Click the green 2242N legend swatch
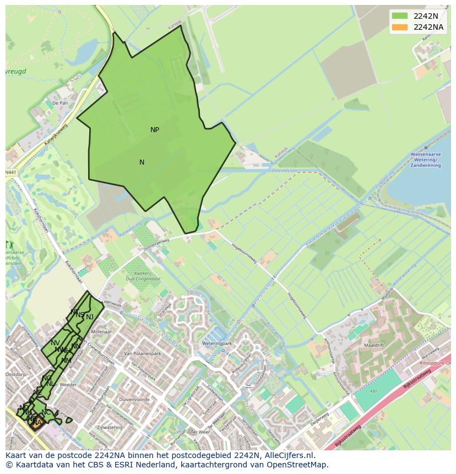(x=400, y=16)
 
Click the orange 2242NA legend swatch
(x=400, y=27)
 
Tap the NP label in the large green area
(x=155, y=130)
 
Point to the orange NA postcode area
(x=36, y=423)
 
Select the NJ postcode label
(x=90, y=317)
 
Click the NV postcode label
(x=55, y=343)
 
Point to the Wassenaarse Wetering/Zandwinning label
(x=426, y=160)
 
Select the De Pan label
(x=61, y=103)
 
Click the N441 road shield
(x=11, y=172)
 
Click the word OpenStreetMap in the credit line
(x=298, y=465)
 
